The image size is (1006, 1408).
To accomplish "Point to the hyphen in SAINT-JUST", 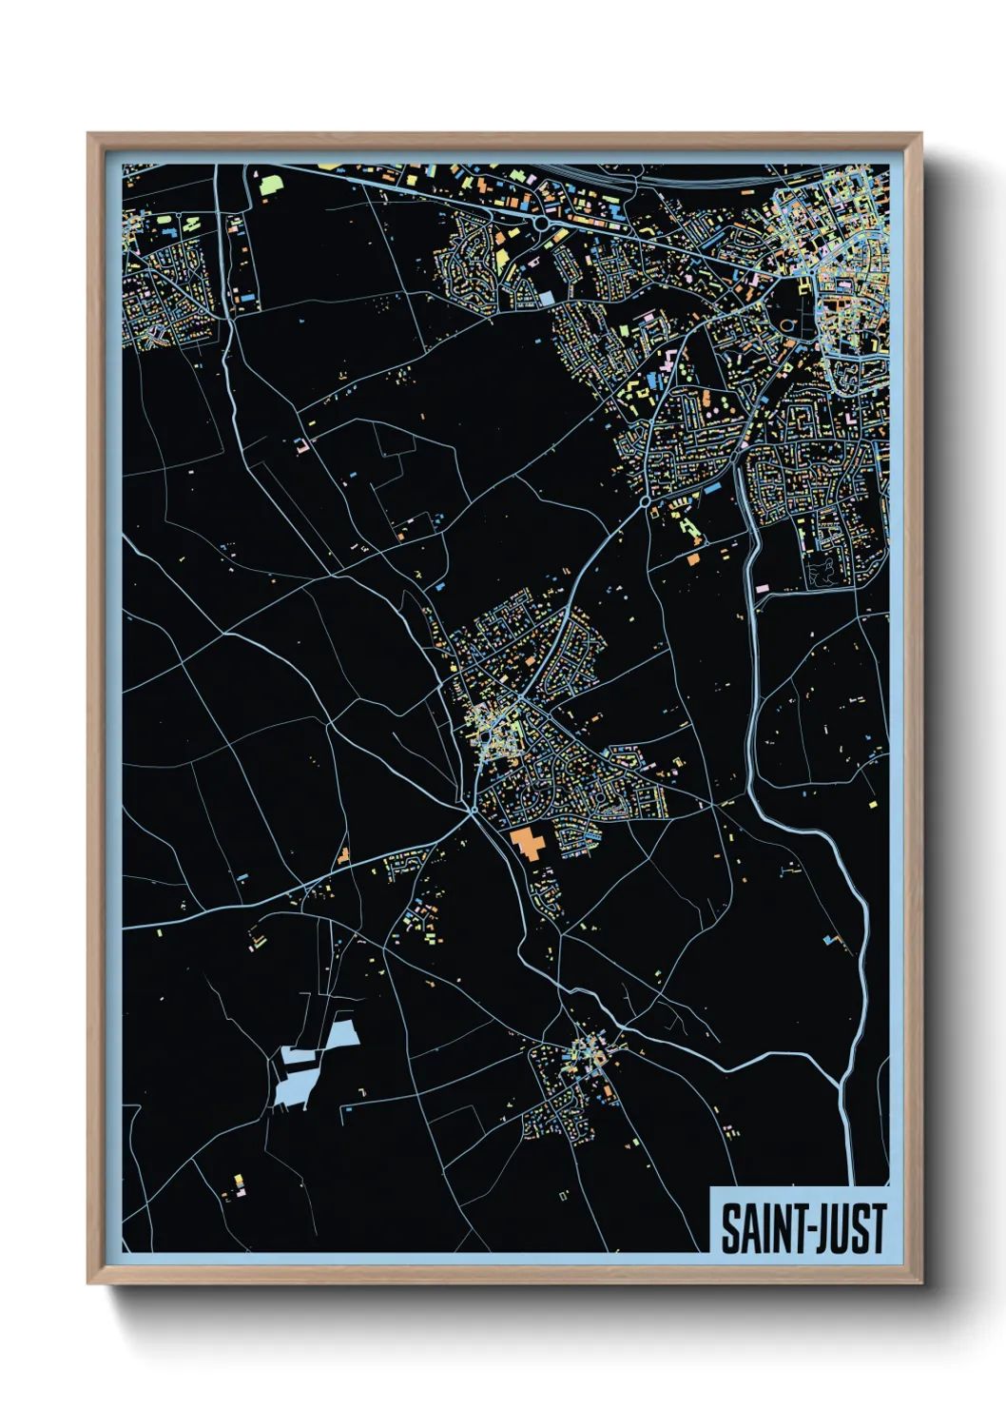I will [x=802, y=1230].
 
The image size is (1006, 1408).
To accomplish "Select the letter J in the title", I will [x=817, y=1228].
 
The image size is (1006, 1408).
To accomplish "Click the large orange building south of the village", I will [x=526, y=843].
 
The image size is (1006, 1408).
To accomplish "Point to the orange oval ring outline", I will [x=787, y=325].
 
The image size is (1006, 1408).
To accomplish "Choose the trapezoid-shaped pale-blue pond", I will [x=341, y=1034].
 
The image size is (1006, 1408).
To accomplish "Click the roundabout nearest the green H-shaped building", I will [x=646, y=499].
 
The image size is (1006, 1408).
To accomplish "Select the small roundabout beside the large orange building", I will [x=473, y=810].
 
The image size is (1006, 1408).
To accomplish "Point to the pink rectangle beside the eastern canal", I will [x=762, y=589].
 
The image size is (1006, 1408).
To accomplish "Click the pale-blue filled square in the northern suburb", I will [x=546, y=298].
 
